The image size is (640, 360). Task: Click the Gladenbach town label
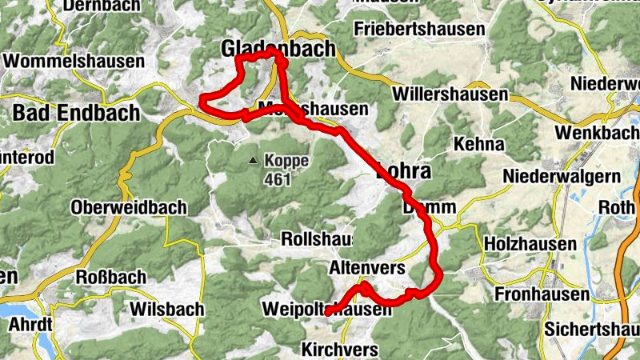pyautogui.click(x=278, y=50)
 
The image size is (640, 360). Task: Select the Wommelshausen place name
pyautogui.click(x=74, y=61)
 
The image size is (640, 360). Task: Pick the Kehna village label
pyautogui.click(x=478, y=144)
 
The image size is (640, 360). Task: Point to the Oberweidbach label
pyautogui.click(x=129, y=207)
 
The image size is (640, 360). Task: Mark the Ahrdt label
pyautogui.click(x=29, y=325)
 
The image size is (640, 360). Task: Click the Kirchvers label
pyautogui.click(x=340, y=349)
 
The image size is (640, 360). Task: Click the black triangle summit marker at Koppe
pyautogui.click(x=254, y=161)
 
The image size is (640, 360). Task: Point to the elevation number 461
pyautogui.click(x=276, y=178)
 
